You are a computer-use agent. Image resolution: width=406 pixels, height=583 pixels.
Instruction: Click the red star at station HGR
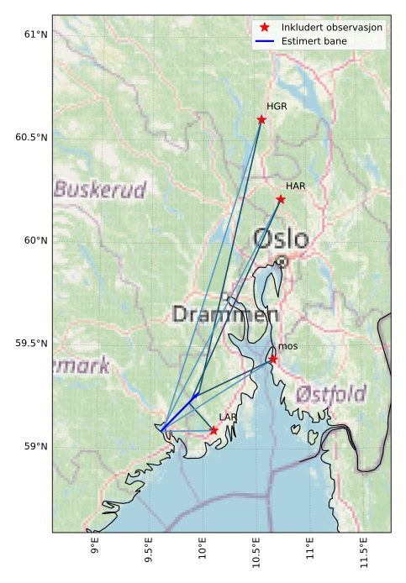coord(261,119)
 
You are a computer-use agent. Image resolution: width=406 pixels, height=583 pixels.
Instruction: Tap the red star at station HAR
coord(281,199)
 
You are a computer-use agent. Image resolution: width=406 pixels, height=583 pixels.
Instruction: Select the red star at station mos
coord(273,360)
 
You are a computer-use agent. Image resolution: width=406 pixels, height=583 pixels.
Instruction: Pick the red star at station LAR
coord(214,430)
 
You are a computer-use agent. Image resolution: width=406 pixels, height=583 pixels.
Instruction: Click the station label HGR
coord(277,107)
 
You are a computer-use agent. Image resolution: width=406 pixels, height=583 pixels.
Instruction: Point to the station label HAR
coord(296,186)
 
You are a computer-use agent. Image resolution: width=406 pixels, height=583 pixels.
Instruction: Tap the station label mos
coord(287,346)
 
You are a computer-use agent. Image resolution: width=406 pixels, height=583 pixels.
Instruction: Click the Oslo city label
coord(281,239)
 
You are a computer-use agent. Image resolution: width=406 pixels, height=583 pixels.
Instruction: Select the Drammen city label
coord(224,315)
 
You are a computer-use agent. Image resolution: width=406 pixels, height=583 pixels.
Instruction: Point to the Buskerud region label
coord(100,189)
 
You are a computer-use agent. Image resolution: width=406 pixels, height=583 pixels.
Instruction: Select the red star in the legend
coord(266,28)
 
